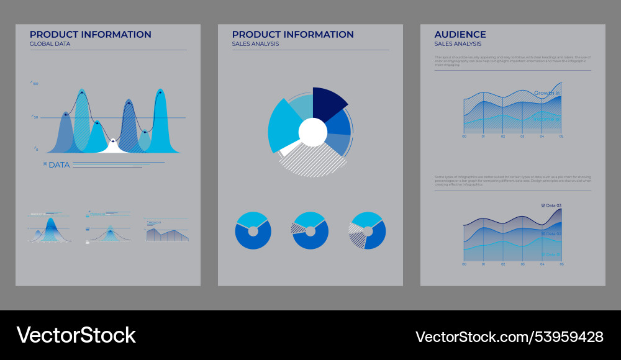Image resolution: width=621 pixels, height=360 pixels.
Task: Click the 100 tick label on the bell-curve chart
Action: coord(35,84)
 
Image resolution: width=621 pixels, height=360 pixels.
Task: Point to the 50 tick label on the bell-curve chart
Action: coord(36,117)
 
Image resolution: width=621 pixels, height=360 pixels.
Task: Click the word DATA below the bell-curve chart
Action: coord(59,164)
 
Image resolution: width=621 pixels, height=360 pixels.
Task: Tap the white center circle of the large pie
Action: coord(312,132)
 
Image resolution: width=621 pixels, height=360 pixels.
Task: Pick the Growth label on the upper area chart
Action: coord(544,93)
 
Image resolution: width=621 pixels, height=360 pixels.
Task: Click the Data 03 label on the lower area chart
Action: coord(553,205)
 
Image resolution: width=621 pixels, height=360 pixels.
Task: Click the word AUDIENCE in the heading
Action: coord(460,35)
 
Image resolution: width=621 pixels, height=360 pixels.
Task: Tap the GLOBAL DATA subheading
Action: coord(50,44)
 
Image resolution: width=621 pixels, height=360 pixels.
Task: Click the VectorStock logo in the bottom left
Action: coord(76,335)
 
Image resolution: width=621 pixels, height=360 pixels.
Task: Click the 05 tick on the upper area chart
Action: coord(561,137)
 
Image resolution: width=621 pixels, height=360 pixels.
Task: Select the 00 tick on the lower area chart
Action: coord(464,264)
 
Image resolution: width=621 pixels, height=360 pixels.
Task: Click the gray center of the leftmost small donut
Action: coord(253,231)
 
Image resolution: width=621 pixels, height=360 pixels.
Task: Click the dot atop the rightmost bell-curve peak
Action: coord(160,92)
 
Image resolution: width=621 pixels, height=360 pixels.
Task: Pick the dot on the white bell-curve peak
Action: coord(113,140)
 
